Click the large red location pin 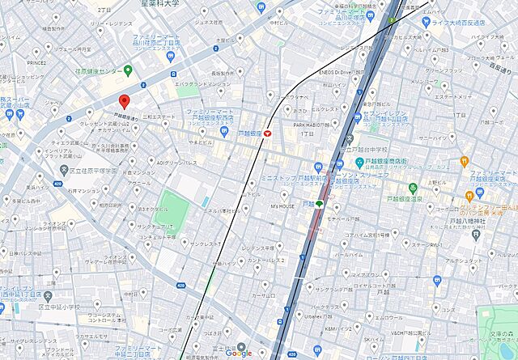(x=124, y=101)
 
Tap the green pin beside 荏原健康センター (x=128, y=70)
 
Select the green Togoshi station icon (x=319, y=204)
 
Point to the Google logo (x=239, y=352)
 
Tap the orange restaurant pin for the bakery (x=465, y=161)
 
